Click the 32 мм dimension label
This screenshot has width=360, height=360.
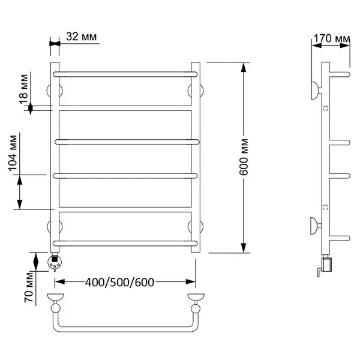(82, 37)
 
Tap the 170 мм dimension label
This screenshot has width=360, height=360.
(332, 38)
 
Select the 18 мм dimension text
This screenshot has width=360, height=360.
(23, 89)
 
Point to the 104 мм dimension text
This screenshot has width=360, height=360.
(13, 153)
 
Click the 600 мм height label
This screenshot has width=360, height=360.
(244, 157)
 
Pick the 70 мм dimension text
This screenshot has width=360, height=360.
(29, 287)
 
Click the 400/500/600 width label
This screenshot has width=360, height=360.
(119, 283)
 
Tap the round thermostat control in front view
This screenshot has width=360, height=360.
(55, 262)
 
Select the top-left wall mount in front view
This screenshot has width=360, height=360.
(55, 91)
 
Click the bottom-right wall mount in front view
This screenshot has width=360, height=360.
(196, 227)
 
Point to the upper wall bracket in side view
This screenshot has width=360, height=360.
(316, 91)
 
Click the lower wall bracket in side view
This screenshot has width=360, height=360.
(316, 226)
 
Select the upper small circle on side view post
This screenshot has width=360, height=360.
(326, 108)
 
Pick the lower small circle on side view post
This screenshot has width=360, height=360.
(326, 207)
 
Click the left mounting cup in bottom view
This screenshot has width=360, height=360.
(56, 297)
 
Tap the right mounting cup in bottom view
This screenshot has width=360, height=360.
(196, 297)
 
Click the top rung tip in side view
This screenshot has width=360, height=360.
(349, 74)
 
